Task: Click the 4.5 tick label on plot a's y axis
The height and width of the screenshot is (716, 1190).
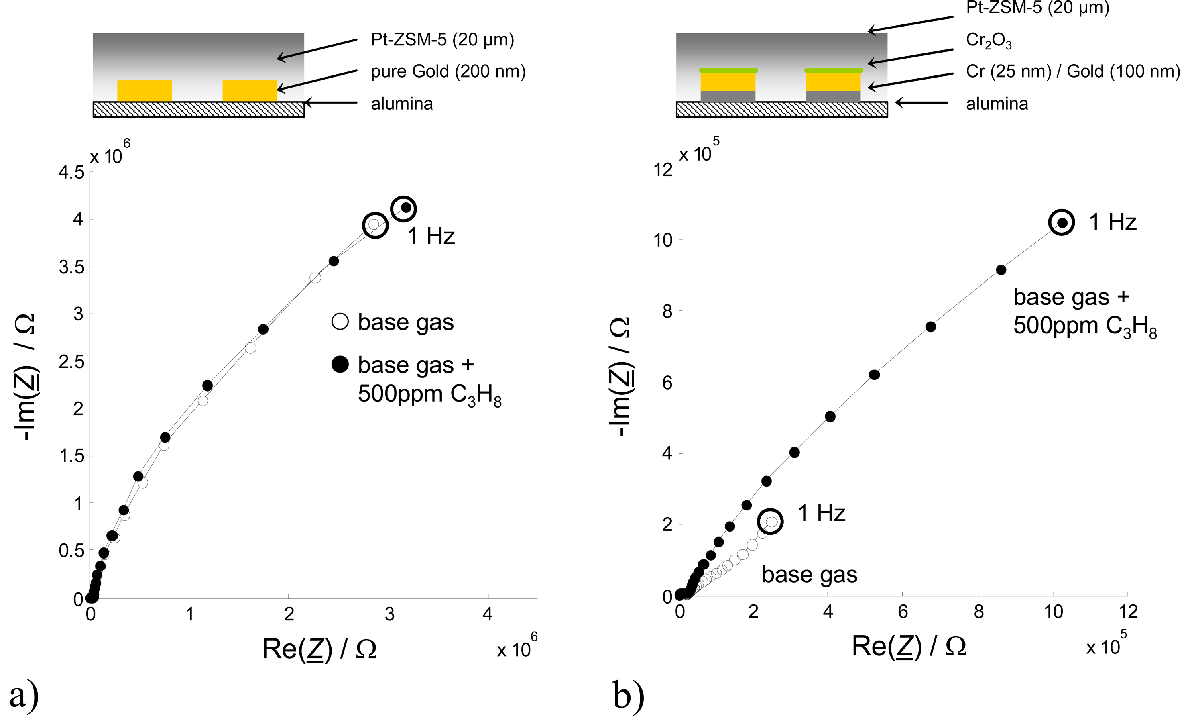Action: tap(71, 172)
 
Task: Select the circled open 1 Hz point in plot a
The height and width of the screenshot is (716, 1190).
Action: tap(374, 224)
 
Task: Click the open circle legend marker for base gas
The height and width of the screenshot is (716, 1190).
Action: tap(340, 322)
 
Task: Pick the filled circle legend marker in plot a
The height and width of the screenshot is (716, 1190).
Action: tap(340, 364)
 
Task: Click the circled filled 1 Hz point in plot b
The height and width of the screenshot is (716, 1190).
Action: tap(1062, 222)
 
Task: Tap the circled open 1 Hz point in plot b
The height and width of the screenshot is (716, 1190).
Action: tap(771, 522)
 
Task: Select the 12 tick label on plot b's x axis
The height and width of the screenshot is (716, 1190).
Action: tap(1128, 612)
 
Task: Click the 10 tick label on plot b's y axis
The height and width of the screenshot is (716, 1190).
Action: tap(663, 240)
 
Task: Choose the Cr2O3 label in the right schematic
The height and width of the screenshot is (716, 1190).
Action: tap(989, 41)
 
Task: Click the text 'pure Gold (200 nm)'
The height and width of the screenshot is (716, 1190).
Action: tap(448, 71)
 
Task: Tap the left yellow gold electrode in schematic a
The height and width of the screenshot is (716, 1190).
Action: tap(144, 91)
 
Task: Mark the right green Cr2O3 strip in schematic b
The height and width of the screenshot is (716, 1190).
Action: tap(833, 70)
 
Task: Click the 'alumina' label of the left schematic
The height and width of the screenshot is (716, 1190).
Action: tap(402, 104)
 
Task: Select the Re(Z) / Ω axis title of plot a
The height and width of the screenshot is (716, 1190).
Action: tap(319, 649)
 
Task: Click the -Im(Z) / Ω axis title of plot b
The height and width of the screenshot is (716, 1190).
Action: tap(620, 376)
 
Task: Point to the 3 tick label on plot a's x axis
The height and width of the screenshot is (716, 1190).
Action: tap(389, 614)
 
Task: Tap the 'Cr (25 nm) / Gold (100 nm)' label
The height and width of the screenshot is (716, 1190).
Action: tap(1073, 71)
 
